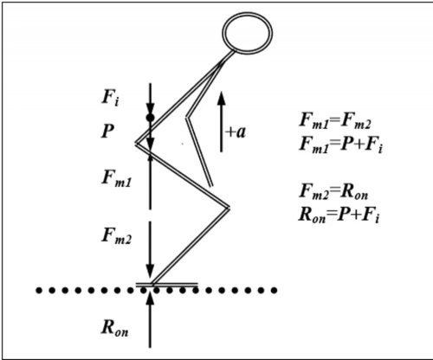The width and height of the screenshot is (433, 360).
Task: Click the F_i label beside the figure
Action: coord(110,97)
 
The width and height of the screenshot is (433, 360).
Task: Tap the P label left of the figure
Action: coord(107,131)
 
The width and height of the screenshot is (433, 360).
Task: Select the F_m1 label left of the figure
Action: coord(116,178)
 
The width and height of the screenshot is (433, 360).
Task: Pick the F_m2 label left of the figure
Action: coord(116,236)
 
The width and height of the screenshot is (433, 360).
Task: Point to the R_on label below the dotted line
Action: coord(114,328)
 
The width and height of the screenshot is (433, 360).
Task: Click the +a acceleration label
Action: coord(236,132)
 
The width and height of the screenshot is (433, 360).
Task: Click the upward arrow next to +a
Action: coord(221,122)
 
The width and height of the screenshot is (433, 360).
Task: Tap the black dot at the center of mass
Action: coord(150,118)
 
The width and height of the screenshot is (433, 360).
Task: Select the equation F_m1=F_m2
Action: coord(335,120)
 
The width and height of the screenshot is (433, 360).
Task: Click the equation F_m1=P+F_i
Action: coord(340,144)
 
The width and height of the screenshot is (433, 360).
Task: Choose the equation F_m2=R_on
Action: coord(333,191)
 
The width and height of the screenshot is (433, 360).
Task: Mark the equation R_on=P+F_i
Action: coord(339,215)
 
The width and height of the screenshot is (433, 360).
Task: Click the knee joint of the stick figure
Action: coord(228,207)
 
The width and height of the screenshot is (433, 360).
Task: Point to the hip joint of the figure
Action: coord(138,144)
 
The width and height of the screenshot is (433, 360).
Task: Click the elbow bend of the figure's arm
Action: coord(188,118)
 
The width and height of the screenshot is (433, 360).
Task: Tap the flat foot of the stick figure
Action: coord(167,285)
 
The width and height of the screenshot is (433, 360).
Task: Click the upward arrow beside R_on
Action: coord(150,322)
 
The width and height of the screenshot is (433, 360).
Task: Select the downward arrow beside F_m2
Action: coord(150,249)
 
